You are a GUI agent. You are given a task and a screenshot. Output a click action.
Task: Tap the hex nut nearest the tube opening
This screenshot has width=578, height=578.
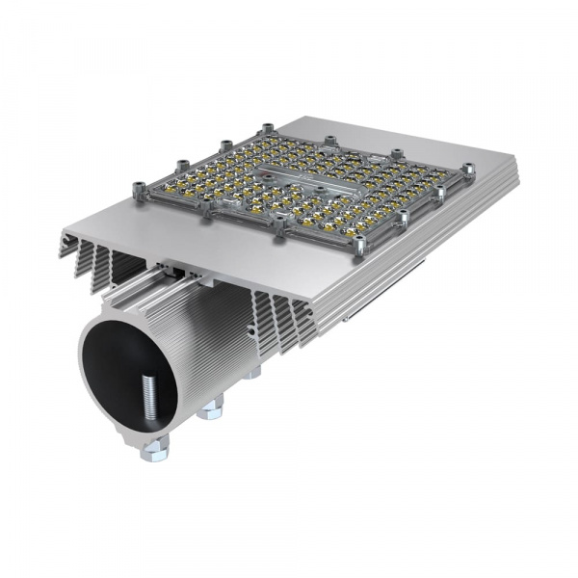pyautogui.click(x=155, y=447)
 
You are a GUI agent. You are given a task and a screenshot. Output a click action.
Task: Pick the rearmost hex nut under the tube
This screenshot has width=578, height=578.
pyautogui.click(x=252, y=372)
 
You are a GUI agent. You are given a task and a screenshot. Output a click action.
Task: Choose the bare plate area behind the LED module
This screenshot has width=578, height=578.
pyautogui.click(x=385, y=135)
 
